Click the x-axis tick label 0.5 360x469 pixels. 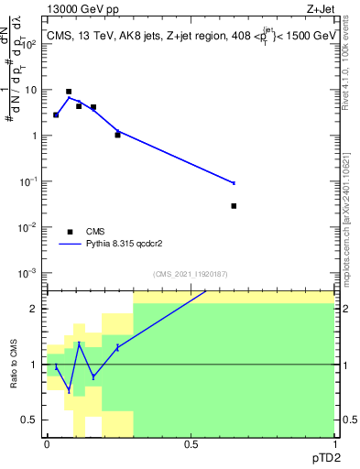coord(191,444)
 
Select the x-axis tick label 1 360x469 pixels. coord(334,444)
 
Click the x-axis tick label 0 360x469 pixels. coord(47,444)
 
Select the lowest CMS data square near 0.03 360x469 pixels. coord(235,206)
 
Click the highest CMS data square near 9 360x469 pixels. coord(69,92)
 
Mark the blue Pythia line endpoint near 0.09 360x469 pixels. coord(235,183)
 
